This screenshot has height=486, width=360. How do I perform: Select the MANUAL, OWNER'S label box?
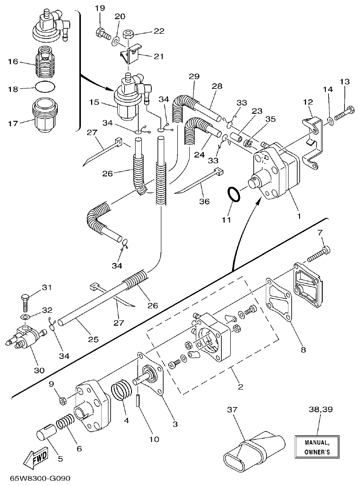point(317,447)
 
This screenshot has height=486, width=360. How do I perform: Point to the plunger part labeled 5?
point(44,432)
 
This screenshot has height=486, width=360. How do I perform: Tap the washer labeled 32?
point(25,317)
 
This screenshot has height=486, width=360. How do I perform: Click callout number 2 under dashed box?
point(240,386)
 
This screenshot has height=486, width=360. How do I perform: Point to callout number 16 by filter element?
point(13,61)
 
